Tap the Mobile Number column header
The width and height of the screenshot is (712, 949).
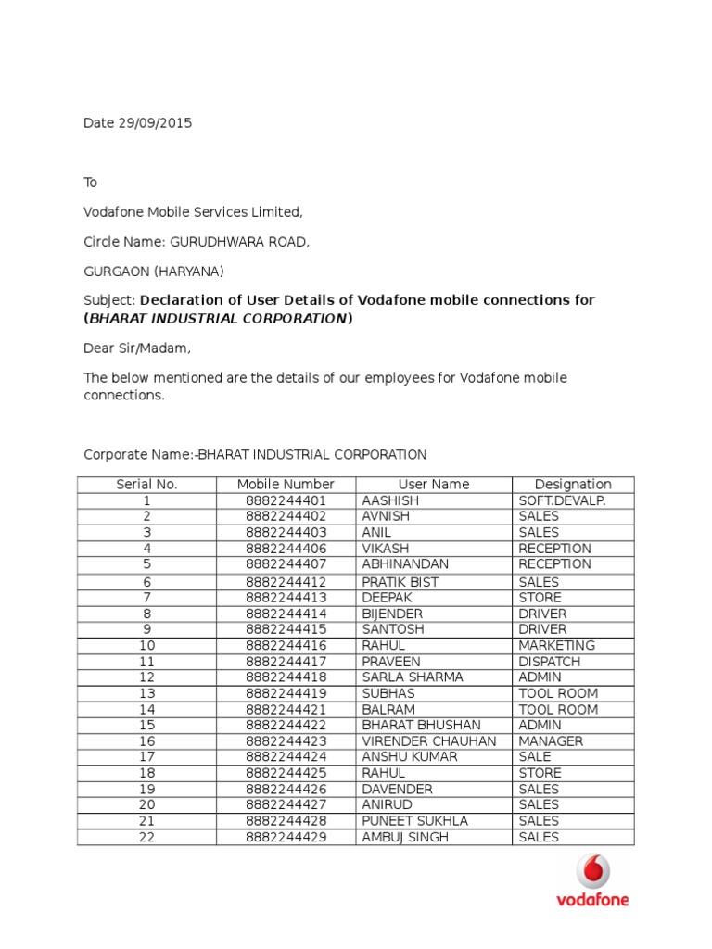[286, 484]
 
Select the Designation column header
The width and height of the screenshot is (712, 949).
[573, 484]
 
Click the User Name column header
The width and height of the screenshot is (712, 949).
[434, 484]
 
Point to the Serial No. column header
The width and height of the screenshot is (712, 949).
[146, 484]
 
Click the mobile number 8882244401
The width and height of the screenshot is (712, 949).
[286, 500]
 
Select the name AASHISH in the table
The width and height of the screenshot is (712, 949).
[390, 500]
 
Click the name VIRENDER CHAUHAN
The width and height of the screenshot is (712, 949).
[428, 741]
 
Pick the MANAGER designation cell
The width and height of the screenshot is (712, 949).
[551, 741]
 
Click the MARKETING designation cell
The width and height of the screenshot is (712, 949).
[556, 645]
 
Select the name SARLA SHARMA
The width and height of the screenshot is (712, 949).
[413, 677]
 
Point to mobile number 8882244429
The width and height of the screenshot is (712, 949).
[286, 837]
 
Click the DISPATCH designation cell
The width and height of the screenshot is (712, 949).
[550, 662]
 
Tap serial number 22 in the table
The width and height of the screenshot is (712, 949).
[146, 837]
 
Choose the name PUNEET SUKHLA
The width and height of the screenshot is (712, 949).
[414, 821]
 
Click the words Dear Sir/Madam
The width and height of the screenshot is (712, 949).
[137, 348]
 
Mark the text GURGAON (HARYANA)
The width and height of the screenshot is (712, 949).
[154, 272]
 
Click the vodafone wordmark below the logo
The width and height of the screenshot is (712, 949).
[592, 899]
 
